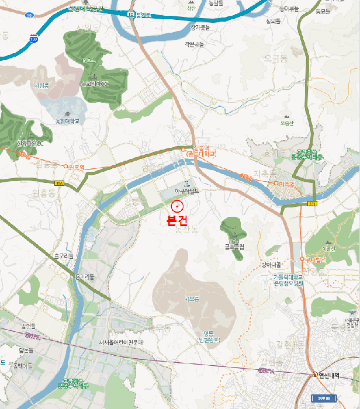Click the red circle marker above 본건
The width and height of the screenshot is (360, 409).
click(178, 206)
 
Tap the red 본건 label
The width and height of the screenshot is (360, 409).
click(177, 221)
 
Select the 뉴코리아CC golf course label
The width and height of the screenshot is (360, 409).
click(95, 84)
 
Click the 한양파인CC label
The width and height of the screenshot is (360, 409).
click(30, 143)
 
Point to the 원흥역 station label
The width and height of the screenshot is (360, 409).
click(77, 167)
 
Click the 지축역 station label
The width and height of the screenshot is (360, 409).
click(285, 184)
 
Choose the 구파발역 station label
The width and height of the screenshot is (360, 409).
click(313, 259)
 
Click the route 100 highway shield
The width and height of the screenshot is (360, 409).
click(34, 39)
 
